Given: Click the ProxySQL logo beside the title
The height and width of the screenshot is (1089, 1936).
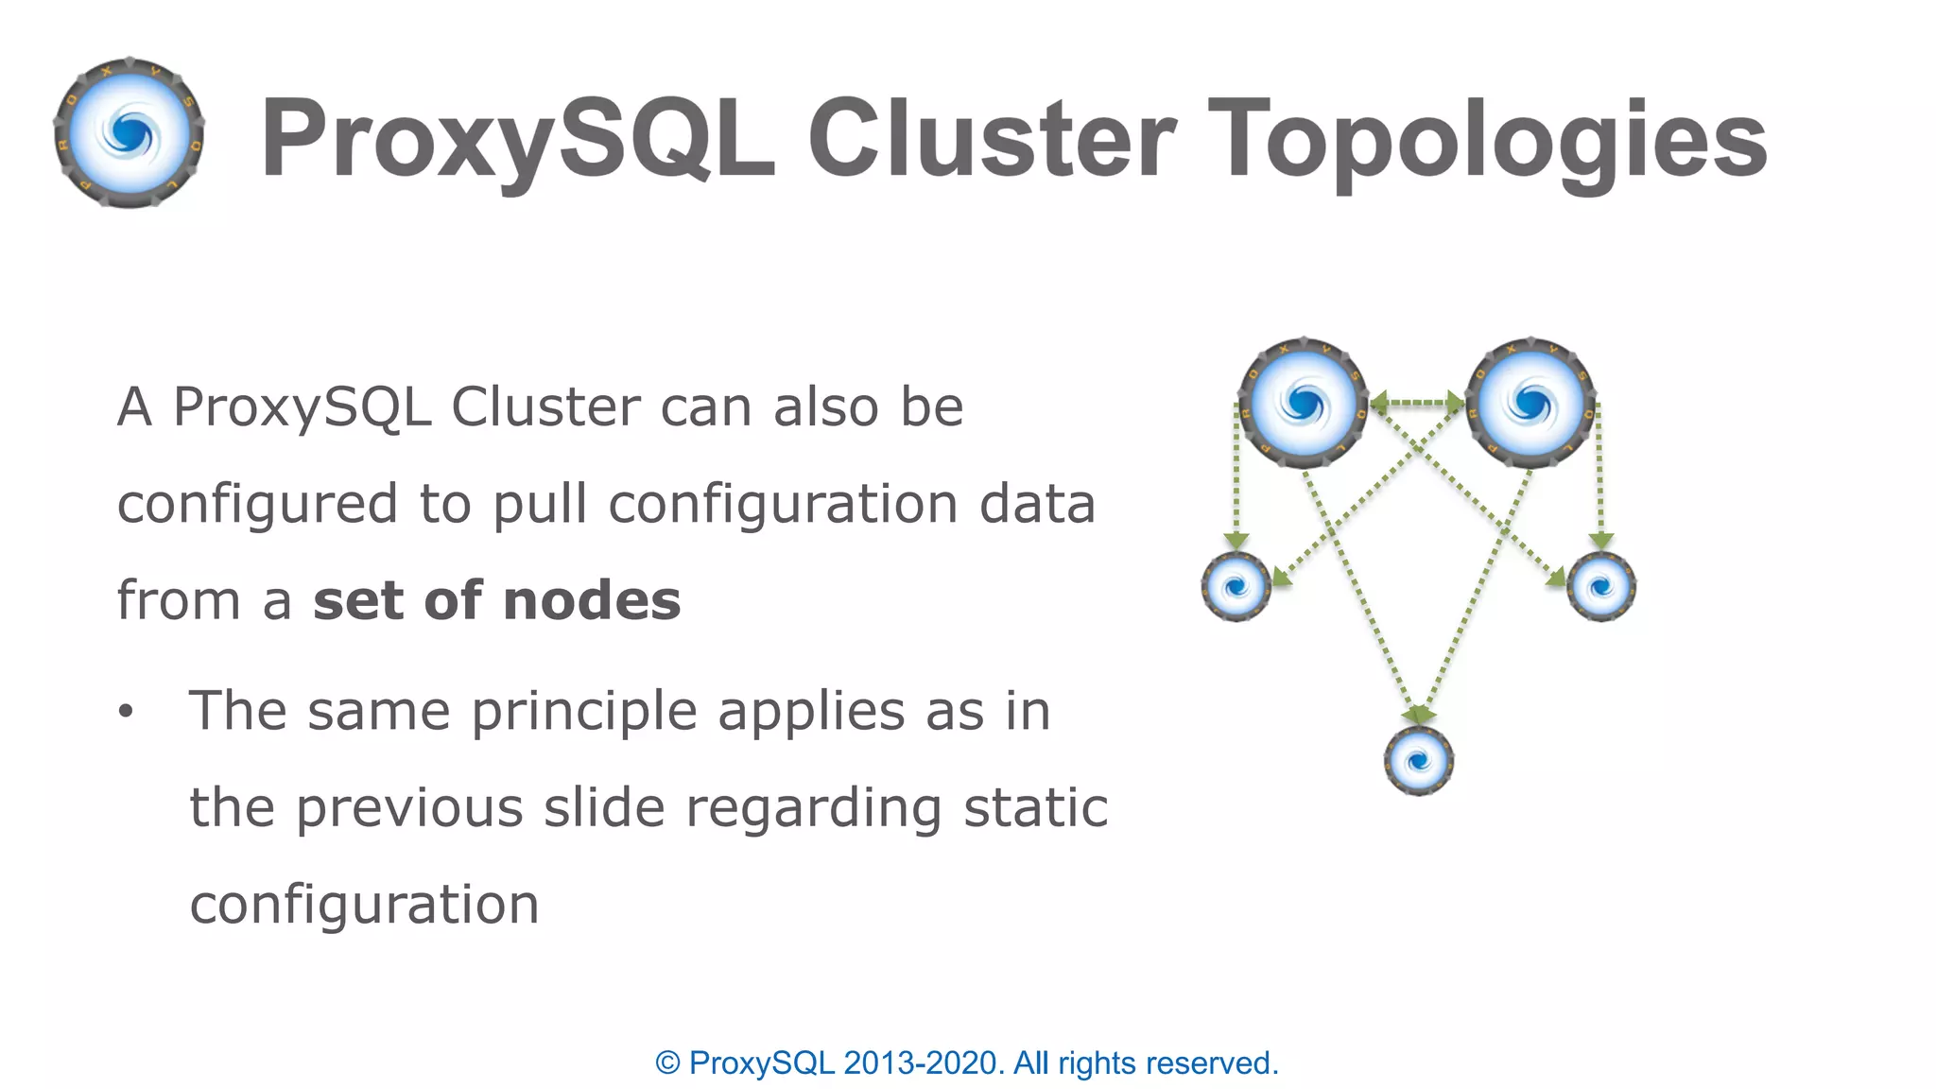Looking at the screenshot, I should point(130,133).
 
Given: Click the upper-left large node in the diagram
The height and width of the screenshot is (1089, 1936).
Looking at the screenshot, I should point(1304,404).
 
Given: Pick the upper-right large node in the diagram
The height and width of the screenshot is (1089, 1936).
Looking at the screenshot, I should point(1530,404).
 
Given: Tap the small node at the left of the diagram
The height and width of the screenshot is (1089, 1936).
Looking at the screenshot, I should point(1236,587).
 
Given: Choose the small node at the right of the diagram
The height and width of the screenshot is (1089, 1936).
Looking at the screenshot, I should point(1600,587).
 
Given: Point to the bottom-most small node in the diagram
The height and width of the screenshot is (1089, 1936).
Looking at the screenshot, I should point(1418,760).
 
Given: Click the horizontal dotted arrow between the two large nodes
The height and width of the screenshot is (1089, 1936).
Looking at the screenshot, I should point(1417,404).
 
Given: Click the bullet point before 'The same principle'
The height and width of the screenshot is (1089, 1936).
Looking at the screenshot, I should point(126,712).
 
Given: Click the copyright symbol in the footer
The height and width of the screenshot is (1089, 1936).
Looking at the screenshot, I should point(667,1063).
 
